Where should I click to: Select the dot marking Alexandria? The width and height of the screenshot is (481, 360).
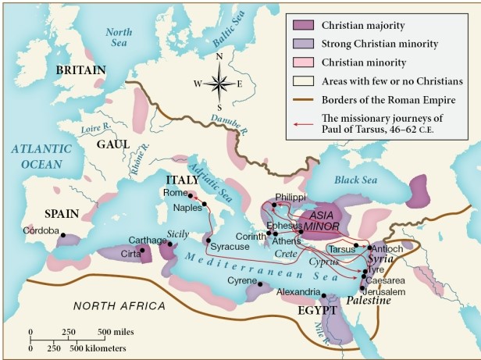click(322, 294)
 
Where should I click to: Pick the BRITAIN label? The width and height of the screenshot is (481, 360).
click(80, 70)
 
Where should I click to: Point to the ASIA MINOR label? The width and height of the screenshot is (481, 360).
click(322, 220)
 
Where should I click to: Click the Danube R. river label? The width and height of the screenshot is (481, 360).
click(228, 125)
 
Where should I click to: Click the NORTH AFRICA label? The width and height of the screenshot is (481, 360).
click(119, 305)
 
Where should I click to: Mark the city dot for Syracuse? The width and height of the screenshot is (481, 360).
click(208, 238)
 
